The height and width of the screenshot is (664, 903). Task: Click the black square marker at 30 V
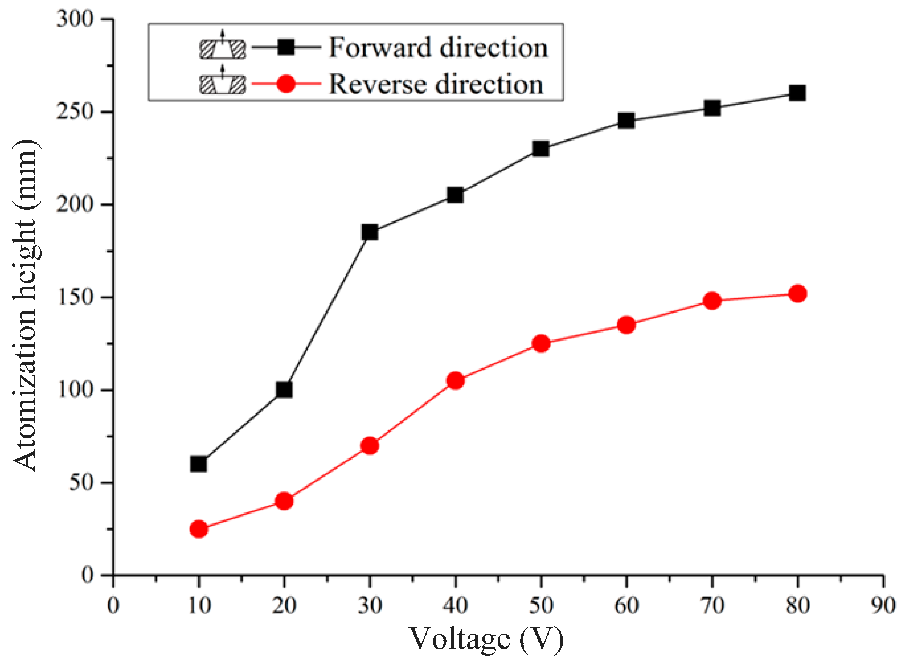(x=369, y=232)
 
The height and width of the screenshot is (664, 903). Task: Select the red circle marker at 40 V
(x=455, y=380)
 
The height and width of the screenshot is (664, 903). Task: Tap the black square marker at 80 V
(x=797, y=93)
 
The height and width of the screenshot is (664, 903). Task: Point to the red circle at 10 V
(x=198, y=529)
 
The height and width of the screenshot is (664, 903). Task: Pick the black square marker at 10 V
(x=198, y=464)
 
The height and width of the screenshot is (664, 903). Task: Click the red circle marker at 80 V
(x=797, y=294)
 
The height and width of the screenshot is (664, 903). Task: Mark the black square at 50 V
(x=541, y=149)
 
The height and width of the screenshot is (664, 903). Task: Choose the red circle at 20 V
(x=284, y=501)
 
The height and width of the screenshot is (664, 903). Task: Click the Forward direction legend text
(x=438, y=48)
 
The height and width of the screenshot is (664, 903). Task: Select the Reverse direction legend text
(x=436, y=84)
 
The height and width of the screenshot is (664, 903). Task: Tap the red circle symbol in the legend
(x=286, y=84)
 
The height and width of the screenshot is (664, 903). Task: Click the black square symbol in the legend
(x=286, y=47)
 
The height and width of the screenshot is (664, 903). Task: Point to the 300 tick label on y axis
(x=75, y=19)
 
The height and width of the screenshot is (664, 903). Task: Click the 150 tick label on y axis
(x=75, y=297)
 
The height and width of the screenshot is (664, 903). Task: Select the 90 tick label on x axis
(x=883, y=605)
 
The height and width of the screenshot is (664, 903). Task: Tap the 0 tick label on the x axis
(x=113, y=605)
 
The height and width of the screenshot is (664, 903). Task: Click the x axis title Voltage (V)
(x=486, y=639)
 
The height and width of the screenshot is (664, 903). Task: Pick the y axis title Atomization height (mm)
(x=25, y=305)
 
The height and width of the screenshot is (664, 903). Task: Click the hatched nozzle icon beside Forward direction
(x=223, y=48)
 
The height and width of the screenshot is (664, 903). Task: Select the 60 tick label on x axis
(x=626, y=605)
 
